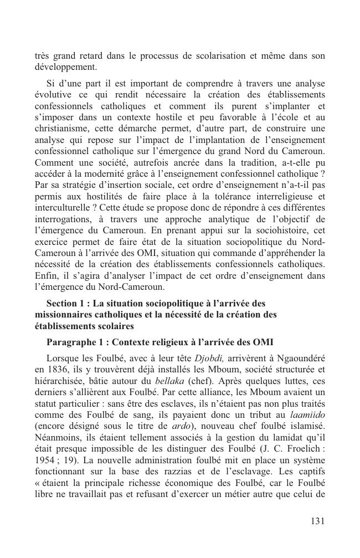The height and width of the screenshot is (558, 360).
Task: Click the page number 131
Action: (x=316, y=521)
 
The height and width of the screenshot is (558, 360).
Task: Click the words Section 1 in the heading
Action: (x=68, y=303)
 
